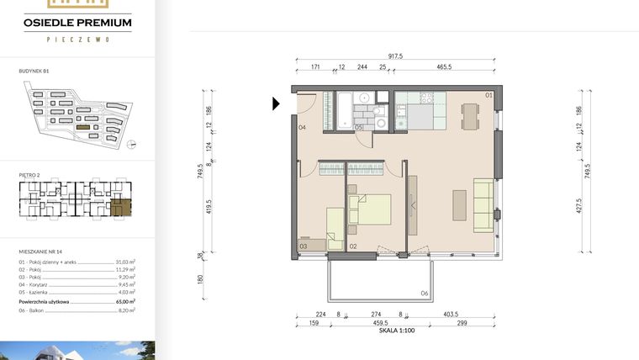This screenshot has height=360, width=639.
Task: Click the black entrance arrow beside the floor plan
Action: pos(276,103)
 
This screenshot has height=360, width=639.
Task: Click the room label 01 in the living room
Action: pos(488,95)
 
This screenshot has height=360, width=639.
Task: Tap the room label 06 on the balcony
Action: pos(424,293)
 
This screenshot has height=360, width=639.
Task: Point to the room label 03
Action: pos(303,246)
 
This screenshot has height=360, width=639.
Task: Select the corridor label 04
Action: pos(301,128)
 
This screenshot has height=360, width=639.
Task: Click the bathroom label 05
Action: pos(358,128)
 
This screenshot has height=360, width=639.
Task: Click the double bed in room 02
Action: pos(371,209)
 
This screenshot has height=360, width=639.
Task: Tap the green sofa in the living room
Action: pos(483,204)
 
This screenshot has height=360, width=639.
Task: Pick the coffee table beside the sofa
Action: pos(459,204)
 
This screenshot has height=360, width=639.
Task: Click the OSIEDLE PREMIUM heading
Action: pos(77,24)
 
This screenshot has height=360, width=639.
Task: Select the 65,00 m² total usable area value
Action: pos(127,300)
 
